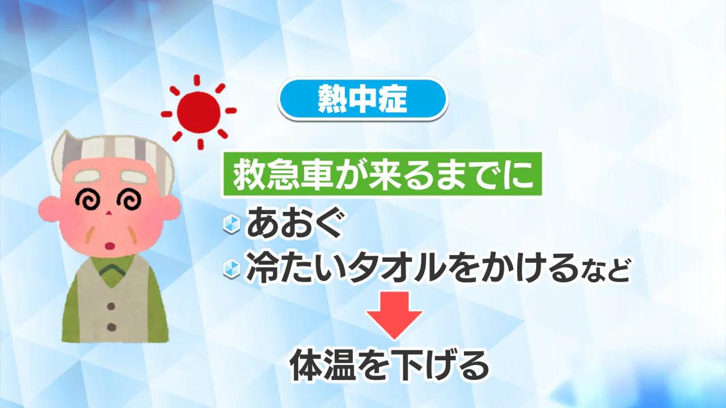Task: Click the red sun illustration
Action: click(x=199, y=112)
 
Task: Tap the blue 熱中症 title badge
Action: click(x=362, y=99)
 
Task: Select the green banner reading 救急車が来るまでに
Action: click(x=382, y=174)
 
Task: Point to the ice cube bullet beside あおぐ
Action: click(x=231, y=224)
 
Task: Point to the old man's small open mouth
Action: click(x=111, y=246)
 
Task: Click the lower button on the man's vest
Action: click(x=111, y=327)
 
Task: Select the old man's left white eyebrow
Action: click(x=88, y=176)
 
